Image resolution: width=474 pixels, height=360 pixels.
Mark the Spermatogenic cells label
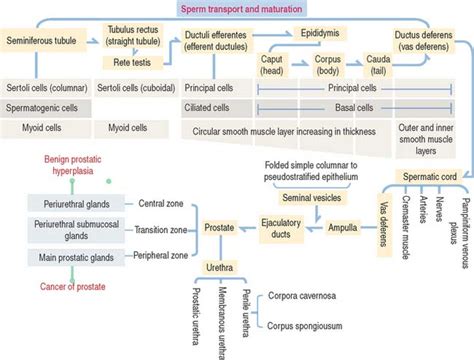pyautogui.click(x=45, y=106)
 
